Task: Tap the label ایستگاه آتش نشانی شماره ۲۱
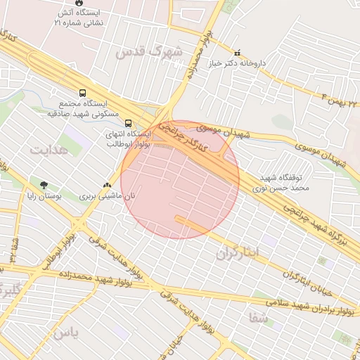tap(78, 18)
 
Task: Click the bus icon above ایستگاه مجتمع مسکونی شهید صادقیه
tap(83, 93)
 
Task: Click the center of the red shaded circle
tap(180, 179)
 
